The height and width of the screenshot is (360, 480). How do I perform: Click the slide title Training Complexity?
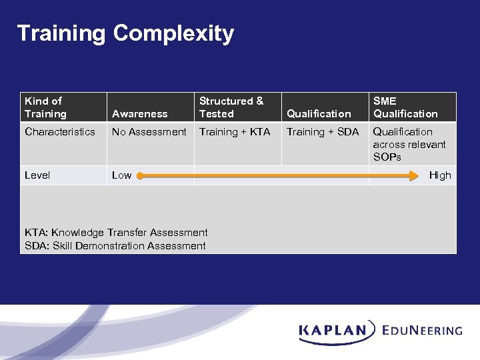click(125, 33)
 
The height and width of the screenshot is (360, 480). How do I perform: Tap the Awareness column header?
click(139, 114)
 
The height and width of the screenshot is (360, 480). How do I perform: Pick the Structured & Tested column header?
click(231, 107)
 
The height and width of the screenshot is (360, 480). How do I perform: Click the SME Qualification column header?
click(405, 107)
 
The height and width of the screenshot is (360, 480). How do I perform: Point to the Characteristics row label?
click(60, 132)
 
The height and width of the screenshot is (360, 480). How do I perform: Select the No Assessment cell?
click(149, 132)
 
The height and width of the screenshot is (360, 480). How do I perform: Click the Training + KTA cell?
click(235, 132)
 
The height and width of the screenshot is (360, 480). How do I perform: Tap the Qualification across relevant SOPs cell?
click(409, 145)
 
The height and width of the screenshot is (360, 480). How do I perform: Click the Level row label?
click(37, 175)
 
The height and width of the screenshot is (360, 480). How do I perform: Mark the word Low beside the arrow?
click(121, 175)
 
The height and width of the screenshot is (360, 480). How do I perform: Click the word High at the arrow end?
click(440, 175)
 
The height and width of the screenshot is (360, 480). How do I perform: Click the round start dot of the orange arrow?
click(140, 175)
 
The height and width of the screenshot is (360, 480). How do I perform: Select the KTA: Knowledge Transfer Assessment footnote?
click(116, 233)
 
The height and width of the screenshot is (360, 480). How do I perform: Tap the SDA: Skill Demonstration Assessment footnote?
click(115, 246)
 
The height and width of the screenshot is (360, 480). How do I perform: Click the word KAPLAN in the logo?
click(333, 330)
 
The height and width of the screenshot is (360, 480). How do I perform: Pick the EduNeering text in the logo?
click(423, 330)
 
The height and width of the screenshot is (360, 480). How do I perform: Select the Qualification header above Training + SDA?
click(319, 114)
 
